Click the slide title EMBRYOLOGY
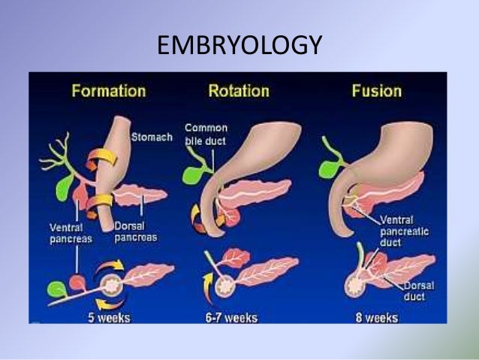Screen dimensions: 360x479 pyautogui.click(x=239, y=46)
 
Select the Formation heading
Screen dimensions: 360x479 pyautogui.click(x=108, y=92)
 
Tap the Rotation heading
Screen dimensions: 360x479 pyautogui.click(x=238, y=92)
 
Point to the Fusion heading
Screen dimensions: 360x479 pyautogui.click(x=376, y=92)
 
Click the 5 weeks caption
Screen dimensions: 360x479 pyautogui.click(x=106, y=316)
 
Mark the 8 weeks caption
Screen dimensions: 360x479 pyautogui.click(x=377, y=316)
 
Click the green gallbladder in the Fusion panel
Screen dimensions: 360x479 pyautogui.click(x=329, y=168)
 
